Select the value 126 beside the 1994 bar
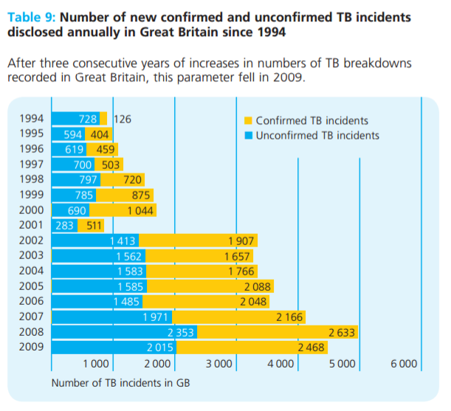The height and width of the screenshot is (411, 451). (121, 119)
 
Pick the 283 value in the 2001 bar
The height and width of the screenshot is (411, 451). (65, 225)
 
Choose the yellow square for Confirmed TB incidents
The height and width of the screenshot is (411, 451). (249, 120)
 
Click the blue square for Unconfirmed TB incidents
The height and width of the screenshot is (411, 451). (249, 136)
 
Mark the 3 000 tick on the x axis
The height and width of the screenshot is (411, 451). (219, 364)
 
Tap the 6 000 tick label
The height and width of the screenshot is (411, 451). (404, 364)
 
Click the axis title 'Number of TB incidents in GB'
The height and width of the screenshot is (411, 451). (121, 383)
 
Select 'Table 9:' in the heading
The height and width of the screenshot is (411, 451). (31, 15)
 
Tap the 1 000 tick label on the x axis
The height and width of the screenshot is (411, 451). (96, 364)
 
